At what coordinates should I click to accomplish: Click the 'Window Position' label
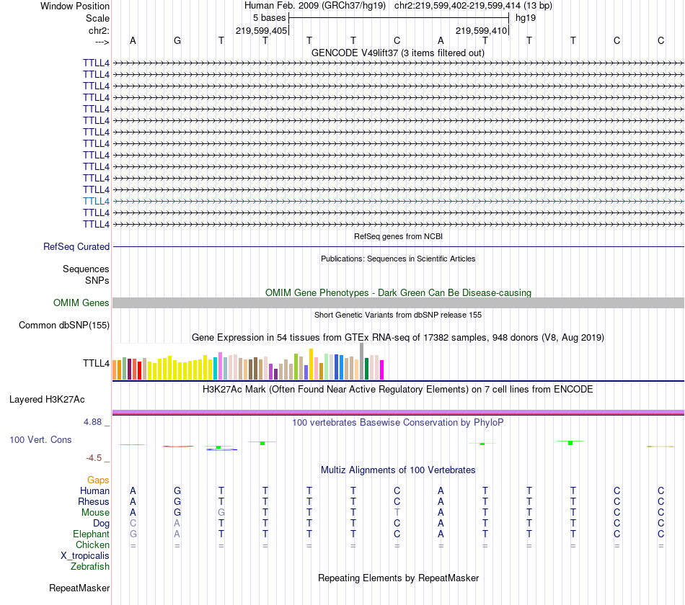pyautogui.click(x=75, y=6)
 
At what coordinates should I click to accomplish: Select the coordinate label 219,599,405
pyautogui.click(x=262, y=30)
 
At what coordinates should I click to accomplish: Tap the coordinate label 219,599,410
pyautogui.click(x=482, y=30)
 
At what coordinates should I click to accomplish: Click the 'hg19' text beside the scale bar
pyautogui.click(x=525, y=18)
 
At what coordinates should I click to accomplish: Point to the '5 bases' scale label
pyautogui.click(x=269, y=18)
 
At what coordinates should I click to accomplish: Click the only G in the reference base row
pyautogui.click(x=177, y=40)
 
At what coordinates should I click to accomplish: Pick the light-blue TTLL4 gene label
pyautogui.click(x=96, y=201)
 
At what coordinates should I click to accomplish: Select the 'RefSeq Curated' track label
pyautogui.click(x=76, y=246)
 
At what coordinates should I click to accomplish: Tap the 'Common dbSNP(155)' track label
pyautogui.click(x=64, y=326)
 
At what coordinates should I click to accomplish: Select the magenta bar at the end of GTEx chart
pyautogui.click(x=381, y=369)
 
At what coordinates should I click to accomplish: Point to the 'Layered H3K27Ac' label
pyautogui.click(x=47, y=399)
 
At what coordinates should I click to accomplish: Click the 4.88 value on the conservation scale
pyautogui.click(x=94, y=422)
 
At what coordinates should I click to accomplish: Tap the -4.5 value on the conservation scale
pyautogui.click(x=95, y=457)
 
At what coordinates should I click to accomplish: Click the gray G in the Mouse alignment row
pyautogui.click(x=221, y=512)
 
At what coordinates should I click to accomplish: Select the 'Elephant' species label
pyautogui.click(x=91, y=534)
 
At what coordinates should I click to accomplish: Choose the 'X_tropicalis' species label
pyautogui.click(x=85, y=556)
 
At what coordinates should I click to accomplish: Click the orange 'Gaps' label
pyautogui.click(x=98, y=480)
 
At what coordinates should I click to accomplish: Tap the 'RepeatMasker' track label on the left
pyautogui.click(x=79, y=588)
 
